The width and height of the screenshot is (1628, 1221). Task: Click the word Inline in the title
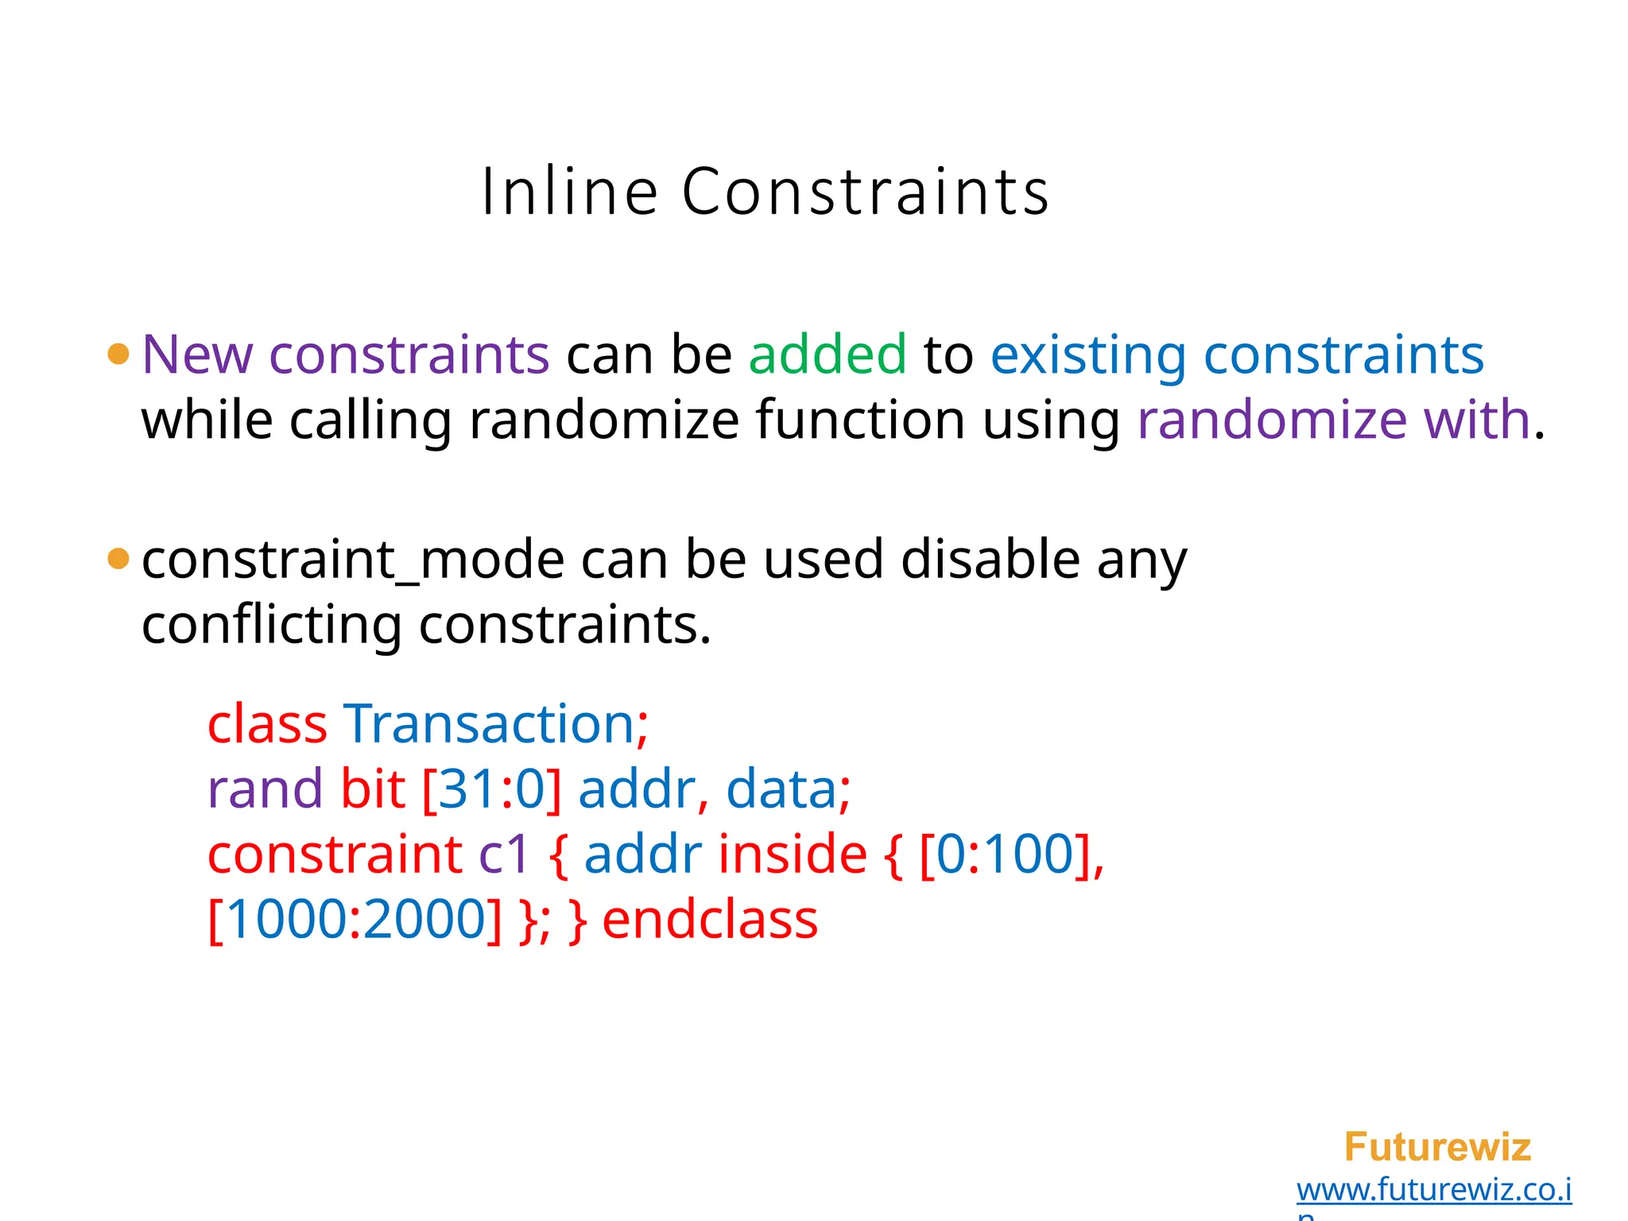click(x=569, y=192)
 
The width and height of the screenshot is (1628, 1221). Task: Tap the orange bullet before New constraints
click(x=118, y=354)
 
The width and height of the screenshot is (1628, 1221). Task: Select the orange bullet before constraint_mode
click(x=118, y=559)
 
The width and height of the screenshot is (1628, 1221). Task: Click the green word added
click(x=827, y=354)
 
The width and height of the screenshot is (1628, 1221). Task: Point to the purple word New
click(x=196, y=354)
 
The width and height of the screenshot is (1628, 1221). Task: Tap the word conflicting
click(x=271, y=626)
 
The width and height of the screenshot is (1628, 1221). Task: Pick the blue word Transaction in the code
click(x=489, y=724)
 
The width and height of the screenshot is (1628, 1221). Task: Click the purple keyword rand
click(x=264, y=789)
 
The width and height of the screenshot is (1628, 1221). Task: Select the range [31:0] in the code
click(x=491, y=790)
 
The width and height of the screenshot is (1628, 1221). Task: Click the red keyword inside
click(x=792, y=855)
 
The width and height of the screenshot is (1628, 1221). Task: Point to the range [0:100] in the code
click(x=1005, y=855)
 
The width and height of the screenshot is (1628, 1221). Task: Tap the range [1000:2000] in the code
click(x=355, y=921)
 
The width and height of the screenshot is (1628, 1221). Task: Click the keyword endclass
click(x=710, y=921)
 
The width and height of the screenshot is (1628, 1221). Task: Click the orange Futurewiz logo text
click(x=1436, y=1147)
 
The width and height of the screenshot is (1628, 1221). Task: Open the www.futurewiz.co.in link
click(x=1433, y=1190)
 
